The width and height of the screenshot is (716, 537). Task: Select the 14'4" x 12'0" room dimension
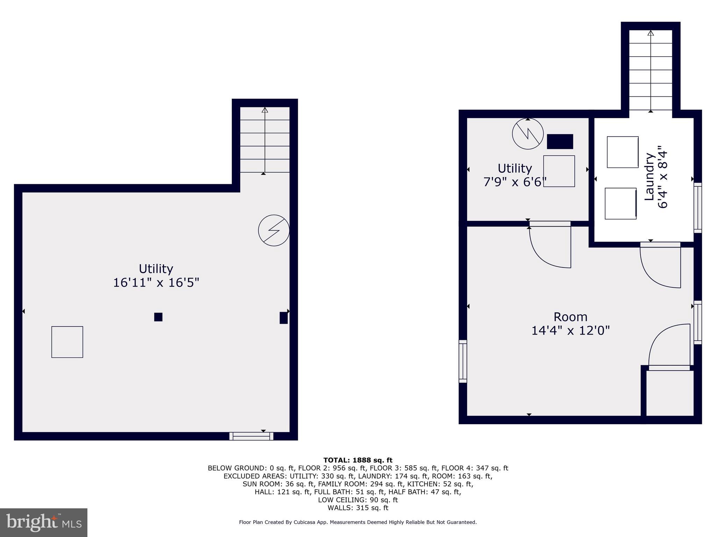click(570, 330)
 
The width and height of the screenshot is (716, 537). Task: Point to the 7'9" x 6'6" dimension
click(515, 182)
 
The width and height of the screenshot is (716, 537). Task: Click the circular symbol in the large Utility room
click(274, 230)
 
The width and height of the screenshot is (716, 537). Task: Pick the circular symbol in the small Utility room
click(528, 134)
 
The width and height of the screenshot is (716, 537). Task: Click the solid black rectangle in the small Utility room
click(560, 142)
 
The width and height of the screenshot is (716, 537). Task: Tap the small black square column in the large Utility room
click(158, 317)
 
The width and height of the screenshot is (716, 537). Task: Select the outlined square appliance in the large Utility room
click(67, 342)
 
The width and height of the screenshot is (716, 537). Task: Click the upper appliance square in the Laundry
click(623, 152)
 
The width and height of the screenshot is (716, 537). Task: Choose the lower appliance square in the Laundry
click(621, 203)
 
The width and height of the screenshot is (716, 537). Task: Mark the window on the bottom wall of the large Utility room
click(251, 436)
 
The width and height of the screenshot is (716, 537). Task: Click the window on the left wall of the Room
click(463, 361)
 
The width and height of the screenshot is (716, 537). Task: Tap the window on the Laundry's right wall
click(697, 208)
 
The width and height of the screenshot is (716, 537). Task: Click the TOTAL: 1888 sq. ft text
click(358, 460)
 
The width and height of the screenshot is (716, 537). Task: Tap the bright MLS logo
click(44, 522)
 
